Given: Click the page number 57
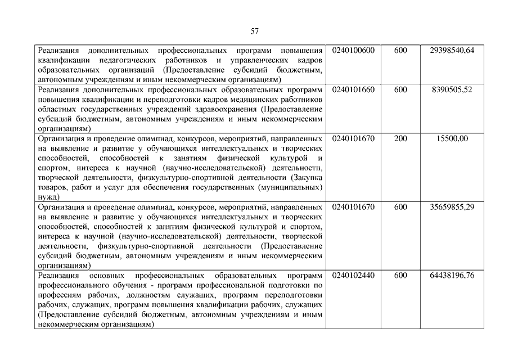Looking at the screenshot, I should pyautogui.click(x=254, y=31).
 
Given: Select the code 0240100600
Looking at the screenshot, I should pyautogui.click(x=353, y=51).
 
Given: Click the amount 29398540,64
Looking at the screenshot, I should pyautogui.click(x=452, y=51).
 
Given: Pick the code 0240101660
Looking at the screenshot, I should pyautogui.click(x=353, y=89).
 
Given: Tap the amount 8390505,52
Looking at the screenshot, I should pyautogui.click(x=452, y=89).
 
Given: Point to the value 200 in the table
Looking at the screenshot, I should pyautogui.click(x=400, y=138).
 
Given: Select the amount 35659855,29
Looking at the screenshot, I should pyautogui.click(x=452, y=207).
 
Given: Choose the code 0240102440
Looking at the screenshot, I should pyautogui.click(x=353, y=275).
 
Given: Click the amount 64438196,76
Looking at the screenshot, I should pyautogui.click(x=452, y=275).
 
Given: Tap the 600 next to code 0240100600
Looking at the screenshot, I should pyautogui.click(x=400, y=51).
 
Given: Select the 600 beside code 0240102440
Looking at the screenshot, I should pyautogui.click(x=400, y=275).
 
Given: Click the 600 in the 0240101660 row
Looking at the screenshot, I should pyautogui.click(x=400, y=89).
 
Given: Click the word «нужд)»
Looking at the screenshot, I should pyautogui.click(x=48, y=197).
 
